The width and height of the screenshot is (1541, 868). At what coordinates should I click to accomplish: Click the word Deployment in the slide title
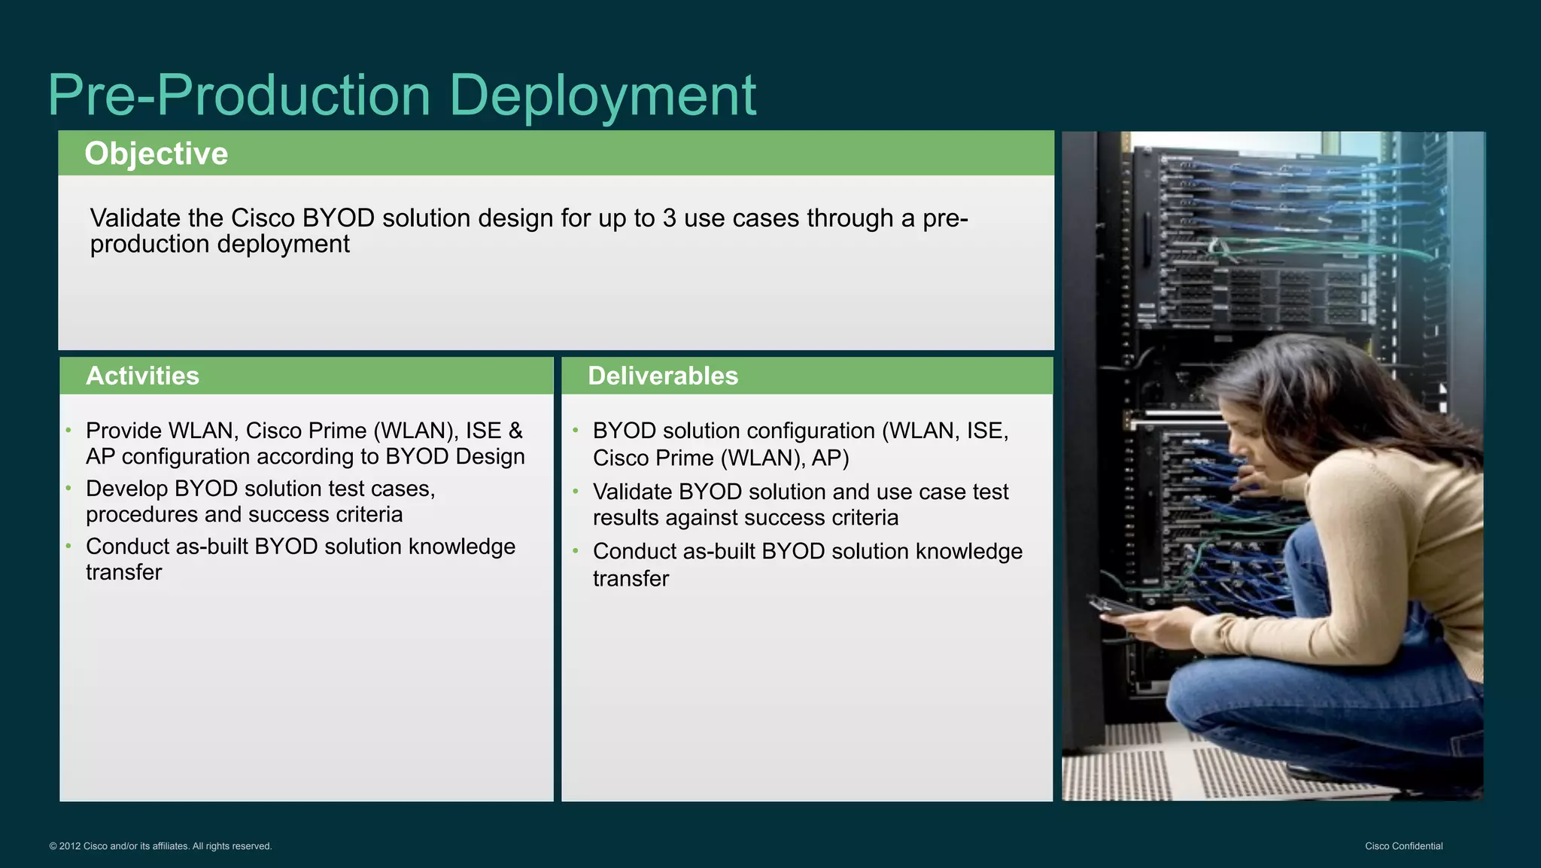[x=602, y=96]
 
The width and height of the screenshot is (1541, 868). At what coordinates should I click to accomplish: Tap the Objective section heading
[x=156, y=154]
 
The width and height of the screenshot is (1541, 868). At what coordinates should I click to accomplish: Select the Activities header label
[x=142, y=376]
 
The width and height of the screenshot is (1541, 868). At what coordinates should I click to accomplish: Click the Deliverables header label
[x=662, y=376]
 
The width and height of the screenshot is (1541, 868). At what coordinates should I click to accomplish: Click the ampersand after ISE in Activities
[x=515, y=431]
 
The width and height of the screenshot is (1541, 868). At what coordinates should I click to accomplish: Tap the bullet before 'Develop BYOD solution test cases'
[x=68, y=489]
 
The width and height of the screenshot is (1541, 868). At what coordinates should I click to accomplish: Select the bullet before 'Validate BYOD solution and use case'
[x=576, y=492]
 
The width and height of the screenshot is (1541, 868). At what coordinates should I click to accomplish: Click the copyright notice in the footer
[x=160, y=846]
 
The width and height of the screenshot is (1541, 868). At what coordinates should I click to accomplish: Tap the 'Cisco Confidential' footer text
[x=1403, y=846]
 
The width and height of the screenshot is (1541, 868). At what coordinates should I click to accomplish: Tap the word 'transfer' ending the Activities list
[x=123, y=573]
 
